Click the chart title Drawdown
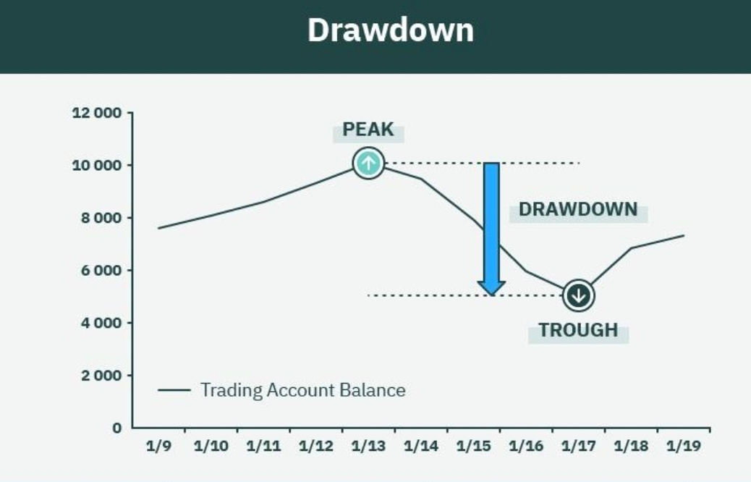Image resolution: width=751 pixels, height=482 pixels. [x=391, y=30]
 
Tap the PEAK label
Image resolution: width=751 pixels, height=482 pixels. [x=368, y=130]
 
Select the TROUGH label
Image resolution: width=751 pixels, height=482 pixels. [x=578, y=331]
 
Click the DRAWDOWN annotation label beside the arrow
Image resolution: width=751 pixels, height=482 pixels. [x=578, y=210]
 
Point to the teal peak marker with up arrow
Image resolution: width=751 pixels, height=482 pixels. [x=368, y=164]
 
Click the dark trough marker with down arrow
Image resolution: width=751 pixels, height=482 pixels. [x=579, y=295]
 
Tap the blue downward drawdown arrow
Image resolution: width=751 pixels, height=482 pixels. [x=491, y=229]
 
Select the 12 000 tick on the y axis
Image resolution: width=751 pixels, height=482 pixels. [x=97, y=113]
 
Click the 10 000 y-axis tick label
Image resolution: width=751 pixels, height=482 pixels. [x=97, y=166]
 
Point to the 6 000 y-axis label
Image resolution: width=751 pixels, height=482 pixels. [x=101, y=271]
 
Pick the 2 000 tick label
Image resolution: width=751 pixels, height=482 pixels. [x=101, y=376]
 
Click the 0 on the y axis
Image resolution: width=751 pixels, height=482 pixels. [x=117, y=428]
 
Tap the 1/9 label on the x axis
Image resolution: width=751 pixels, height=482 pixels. [x=158, y=446]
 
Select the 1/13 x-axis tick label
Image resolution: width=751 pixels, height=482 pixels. [x=368, y=446]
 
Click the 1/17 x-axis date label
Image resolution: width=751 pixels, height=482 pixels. [x=579, y=446]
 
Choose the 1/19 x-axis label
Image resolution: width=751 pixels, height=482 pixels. [x=684, y=446]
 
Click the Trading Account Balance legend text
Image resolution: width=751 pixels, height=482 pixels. [x=302, y=391]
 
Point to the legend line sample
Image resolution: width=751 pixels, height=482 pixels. [x=174, y=391]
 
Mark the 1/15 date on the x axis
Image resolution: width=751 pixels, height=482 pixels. [x=473, y=446]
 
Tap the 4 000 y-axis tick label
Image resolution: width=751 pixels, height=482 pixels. [x=101, y=324]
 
